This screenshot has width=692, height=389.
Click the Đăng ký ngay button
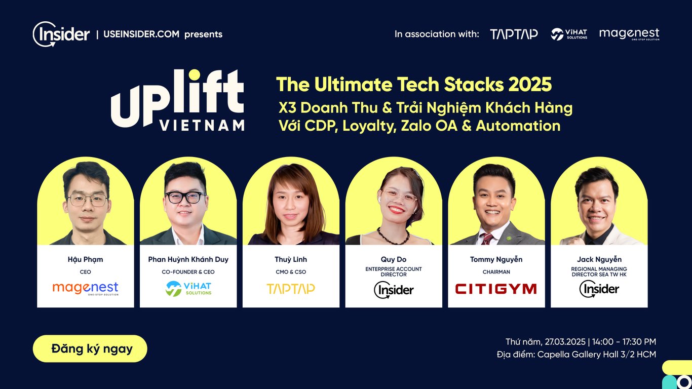click(x=90, y=348)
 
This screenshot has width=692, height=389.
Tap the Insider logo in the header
click(x=61, y=34)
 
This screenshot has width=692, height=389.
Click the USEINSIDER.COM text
click(x=141, y=34)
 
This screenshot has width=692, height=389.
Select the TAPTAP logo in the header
click(x=514, y=34)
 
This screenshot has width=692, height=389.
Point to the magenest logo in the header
click(x=629, y=34)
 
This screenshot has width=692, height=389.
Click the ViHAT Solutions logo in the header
click(x=569, y=34)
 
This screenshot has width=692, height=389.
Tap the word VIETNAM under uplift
click(x=202, y=125)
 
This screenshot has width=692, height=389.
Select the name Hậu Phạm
click(x=85, y=259)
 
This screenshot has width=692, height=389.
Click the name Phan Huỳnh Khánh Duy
click(x=188, y=259)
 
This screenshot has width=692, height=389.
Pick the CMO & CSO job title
click(x=291, y=272)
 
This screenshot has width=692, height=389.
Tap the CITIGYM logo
click(x=496, y=289)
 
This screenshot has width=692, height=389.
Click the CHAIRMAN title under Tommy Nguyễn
click(x=496, y=272)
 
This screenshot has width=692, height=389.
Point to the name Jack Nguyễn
click(x=599, y=259)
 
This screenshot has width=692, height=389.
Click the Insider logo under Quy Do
click(x=394, y=290)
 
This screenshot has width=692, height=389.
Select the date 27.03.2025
click(x=565, y=342)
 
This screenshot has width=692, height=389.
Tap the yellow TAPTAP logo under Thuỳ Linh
click(x=291, y=289)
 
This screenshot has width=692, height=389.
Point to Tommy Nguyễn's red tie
click(x=487, y=239)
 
